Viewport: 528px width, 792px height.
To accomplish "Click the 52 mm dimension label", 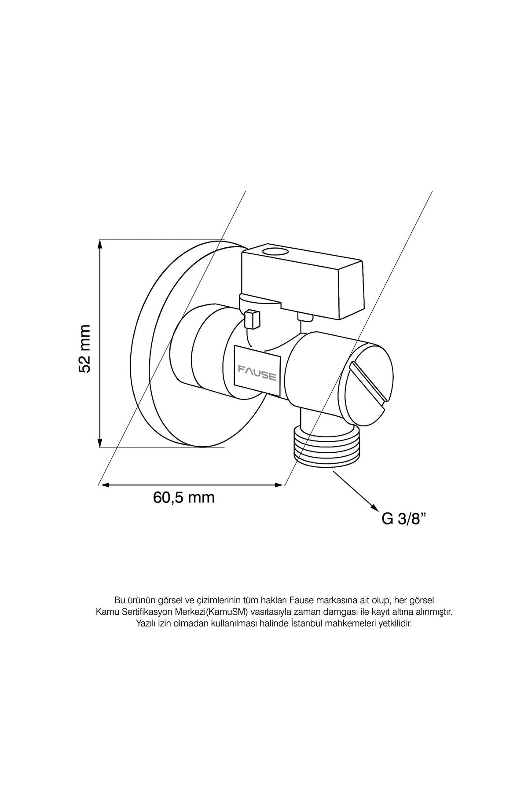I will click(84, 349).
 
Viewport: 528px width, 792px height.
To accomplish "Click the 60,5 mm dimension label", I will click(184, 498).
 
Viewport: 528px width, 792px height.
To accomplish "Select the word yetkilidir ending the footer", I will click(396, 624).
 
